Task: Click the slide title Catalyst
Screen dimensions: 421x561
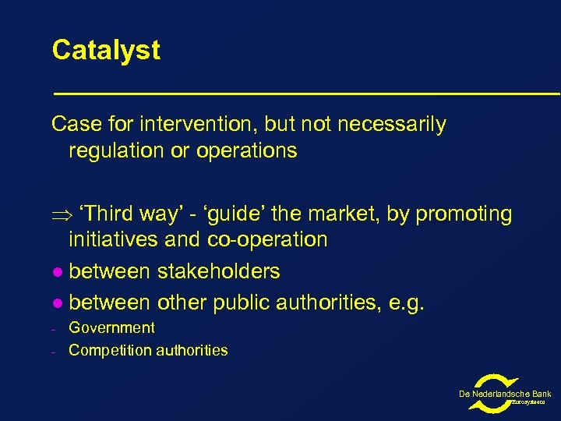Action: [106, 51]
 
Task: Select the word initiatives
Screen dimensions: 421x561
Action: [115, 239]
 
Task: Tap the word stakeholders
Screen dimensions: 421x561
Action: [218, 271]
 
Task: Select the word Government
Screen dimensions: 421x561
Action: [111, 328]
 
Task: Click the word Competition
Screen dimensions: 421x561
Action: [106, 351]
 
